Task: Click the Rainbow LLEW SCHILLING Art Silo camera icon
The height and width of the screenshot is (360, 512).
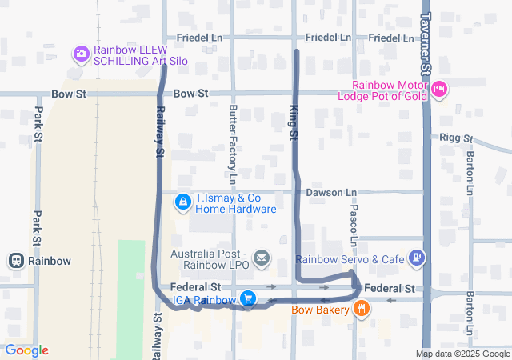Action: [81, 54]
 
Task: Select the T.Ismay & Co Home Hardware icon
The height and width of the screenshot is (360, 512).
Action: [183, 203]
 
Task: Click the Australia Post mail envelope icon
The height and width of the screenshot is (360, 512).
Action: [262, 258]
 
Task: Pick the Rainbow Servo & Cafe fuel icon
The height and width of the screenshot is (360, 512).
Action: [416, 258]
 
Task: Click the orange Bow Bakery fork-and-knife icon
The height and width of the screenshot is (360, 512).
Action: [362, 308]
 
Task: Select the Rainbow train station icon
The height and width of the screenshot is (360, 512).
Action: [15, 261]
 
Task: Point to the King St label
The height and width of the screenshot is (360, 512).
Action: [293, 125]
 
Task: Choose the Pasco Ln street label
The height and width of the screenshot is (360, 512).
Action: [353, 224]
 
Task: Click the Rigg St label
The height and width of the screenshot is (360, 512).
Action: [457, 138]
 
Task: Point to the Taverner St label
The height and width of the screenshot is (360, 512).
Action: [426, 44]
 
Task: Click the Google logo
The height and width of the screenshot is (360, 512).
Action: [26, 350]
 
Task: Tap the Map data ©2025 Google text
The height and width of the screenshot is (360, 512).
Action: [462, 354]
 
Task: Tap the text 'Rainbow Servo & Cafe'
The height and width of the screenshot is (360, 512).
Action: [350, 259]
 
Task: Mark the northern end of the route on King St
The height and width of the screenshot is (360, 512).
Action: [297, 51]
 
